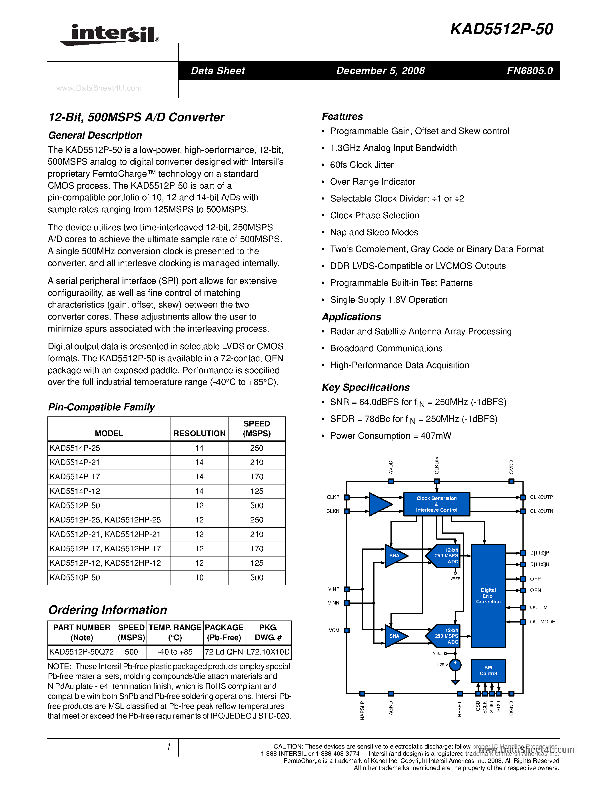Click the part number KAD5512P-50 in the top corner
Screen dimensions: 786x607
501,29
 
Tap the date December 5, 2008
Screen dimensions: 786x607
380,71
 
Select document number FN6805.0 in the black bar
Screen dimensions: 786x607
529,71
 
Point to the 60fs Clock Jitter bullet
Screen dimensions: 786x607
361,165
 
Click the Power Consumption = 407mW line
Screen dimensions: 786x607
390,436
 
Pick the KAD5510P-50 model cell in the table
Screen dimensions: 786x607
75,578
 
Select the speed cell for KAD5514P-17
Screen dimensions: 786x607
257,477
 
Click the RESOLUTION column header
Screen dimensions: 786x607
199,433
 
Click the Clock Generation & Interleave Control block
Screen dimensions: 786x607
436,504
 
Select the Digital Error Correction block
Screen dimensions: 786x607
488,596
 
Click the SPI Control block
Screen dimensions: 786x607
488,671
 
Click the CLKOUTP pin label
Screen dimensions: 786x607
541,497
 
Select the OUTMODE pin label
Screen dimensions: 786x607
542,622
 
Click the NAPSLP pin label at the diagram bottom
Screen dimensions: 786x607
362,711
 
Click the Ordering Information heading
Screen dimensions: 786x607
107,610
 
